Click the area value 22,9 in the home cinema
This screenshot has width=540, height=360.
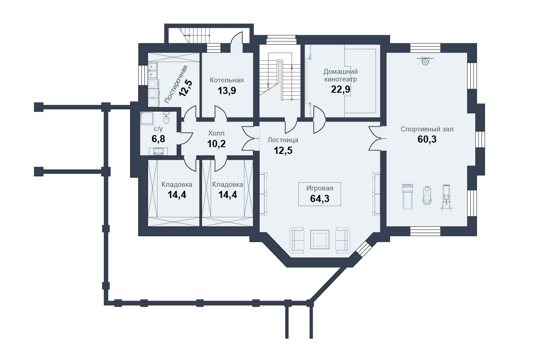340,90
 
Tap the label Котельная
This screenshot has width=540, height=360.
227,80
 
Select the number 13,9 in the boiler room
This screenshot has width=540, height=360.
227,91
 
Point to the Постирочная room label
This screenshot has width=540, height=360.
176,85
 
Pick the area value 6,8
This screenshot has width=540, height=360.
158,139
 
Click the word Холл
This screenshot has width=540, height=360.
216,133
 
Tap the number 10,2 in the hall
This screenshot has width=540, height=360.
216,144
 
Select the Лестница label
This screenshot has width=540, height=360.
283,140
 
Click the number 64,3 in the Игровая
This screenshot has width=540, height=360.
319,199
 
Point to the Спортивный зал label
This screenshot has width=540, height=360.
427,129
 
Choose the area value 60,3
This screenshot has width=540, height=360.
427,139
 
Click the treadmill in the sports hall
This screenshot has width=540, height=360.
407,196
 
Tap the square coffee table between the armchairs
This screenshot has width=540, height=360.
319,239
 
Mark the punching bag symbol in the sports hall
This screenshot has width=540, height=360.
426,61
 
